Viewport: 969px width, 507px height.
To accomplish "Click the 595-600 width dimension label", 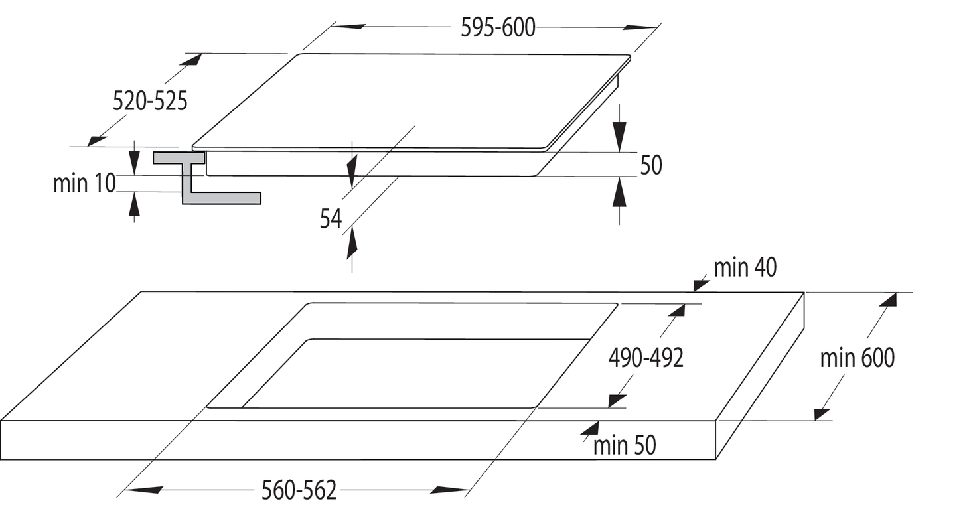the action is tap(498, 28).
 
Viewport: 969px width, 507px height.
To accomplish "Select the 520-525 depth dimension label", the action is tap(150, 102).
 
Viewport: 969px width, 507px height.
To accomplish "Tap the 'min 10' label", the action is tap(84, 183).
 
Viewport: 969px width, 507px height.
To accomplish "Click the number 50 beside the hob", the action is tap(651, 165).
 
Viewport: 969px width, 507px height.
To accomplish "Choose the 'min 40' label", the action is tap(745, 267).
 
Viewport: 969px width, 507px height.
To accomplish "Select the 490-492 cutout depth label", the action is tap(646, 358).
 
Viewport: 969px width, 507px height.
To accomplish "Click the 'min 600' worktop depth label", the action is tap(857, 358).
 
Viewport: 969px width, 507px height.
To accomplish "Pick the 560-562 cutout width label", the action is tap(299, 490).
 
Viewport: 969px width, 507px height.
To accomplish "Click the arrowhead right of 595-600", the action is tap(640, 28).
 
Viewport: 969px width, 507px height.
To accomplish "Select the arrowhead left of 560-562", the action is tap(143, 490).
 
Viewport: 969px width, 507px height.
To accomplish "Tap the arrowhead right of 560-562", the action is tap(451, 490).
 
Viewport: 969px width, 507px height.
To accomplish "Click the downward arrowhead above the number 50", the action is tap(619, 137).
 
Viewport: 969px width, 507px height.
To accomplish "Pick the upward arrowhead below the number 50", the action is tap(619, 192).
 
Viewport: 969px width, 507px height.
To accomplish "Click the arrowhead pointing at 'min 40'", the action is tap(702, 285).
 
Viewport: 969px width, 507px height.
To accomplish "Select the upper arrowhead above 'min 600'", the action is tap(888, 300).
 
